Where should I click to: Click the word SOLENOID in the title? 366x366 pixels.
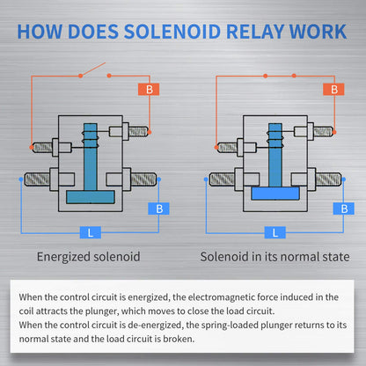coord(172,32)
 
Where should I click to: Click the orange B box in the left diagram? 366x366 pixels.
coord(149,90)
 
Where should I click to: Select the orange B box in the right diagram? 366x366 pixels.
coord(333,90)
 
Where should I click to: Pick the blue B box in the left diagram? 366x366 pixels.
coord(158,209)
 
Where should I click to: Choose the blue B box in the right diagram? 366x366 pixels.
coord(344,209)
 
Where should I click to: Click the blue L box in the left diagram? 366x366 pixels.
coord(91,232)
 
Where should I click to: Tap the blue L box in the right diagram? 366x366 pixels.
coord(275,232)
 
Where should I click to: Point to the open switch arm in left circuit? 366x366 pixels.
coord(92,70)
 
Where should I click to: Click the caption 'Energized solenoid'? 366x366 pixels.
coord(89,257)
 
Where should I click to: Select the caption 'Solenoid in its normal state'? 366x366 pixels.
coord(274,257)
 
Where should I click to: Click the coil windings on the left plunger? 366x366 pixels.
coord(91,139)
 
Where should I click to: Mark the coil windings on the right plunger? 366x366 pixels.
coord(275,139)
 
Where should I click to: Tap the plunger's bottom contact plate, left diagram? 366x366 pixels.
coord(91,197)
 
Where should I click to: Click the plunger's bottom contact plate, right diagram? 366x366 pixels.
coord(275,194)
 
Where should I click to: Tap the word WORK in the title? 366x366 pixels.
coord(318,32)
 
